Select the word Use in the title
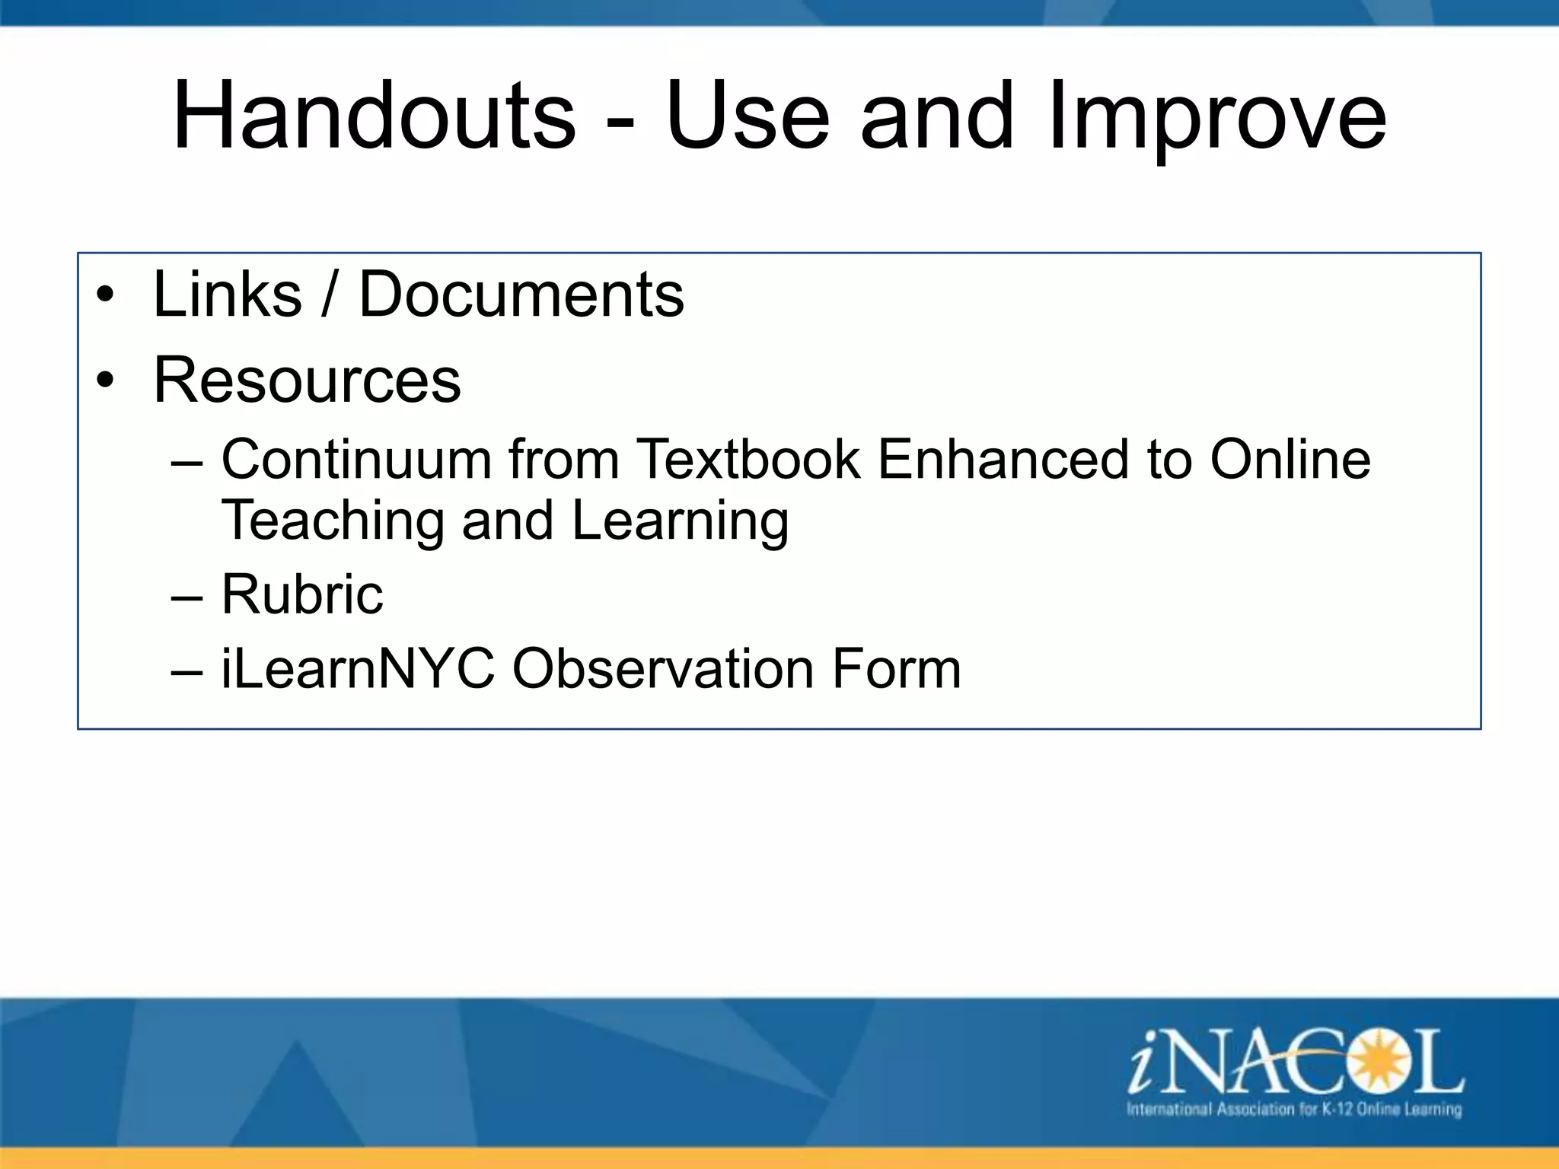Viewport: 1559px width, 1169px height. pos(748,116)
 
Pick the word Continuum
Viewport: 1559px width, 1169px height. pos(356,460)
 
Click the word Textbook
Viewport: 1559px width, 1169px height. pos(748,460)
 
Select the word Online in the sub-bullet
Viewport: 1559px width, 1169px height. pos(1290,460)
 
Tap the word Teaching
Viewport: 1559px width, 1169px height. pos(332,522)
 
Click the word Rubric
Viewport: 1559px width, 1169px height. pos(302,594)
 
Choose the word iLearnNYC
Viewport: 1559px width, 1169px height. pos(358,669)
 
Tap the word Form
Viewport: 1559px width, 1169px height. pos(896,669)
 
